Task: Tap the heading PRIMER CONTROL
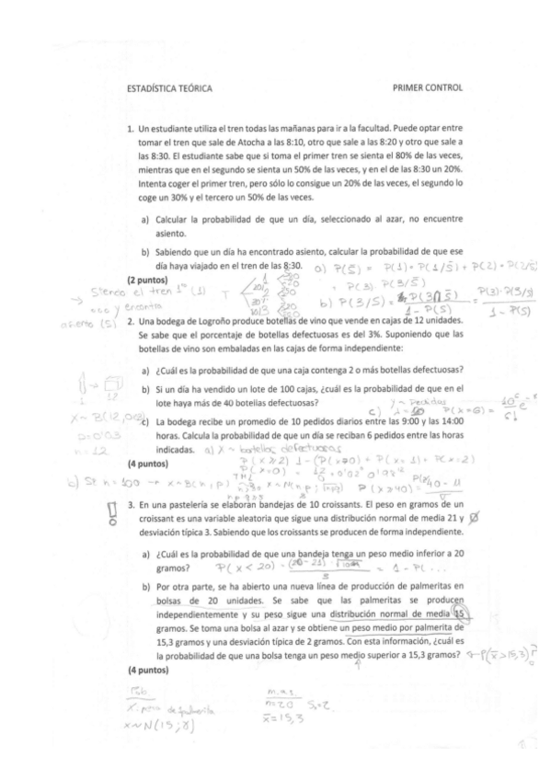[x=427, y=89]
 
